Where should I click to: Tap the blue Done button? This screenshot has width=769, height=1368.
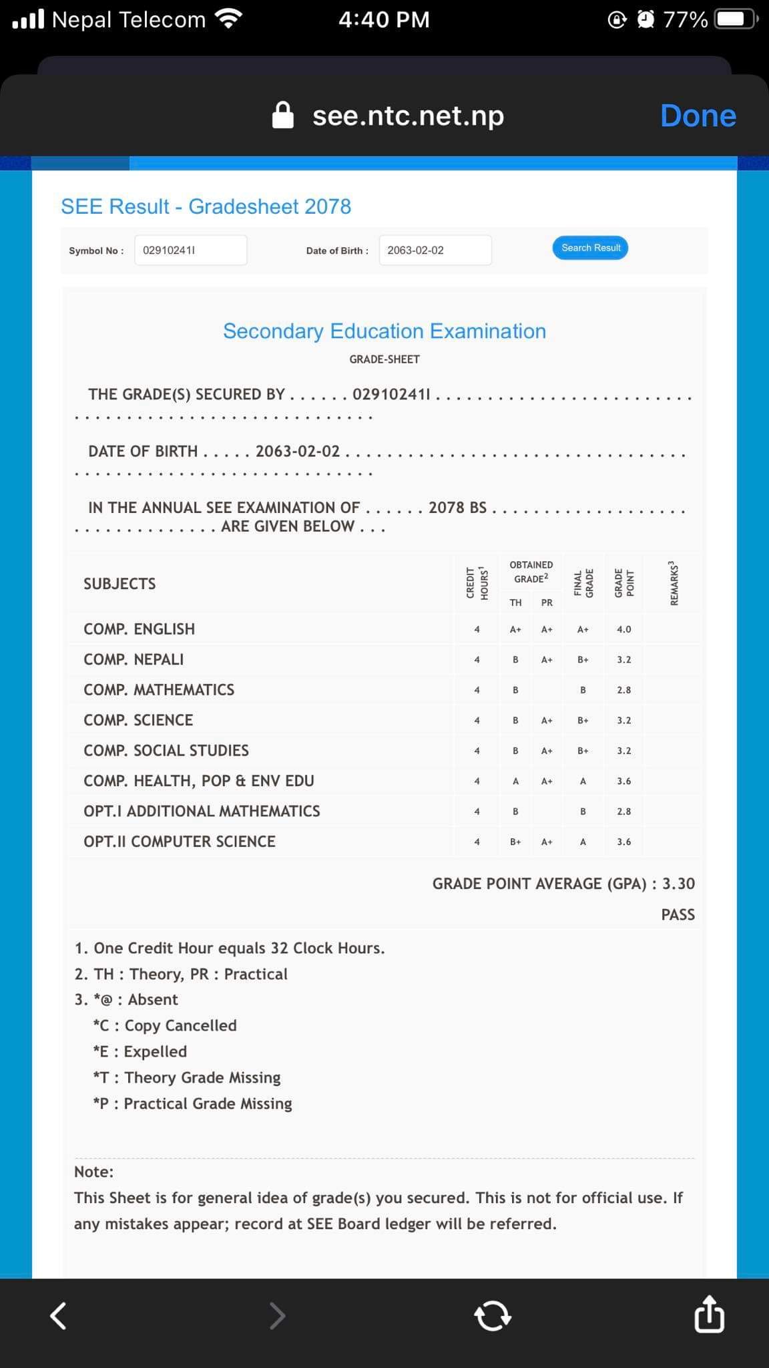pyautogui.click(x=698, y=116)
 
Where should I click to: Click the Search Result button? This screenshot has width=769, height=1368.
pyautogui.click(x=590, y=248)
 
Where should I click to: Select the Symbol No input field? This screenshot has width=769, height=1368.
pyautogui.click(x=190, y=250)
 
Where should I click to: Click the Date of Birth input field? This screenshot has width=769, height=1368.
pyautogui.click(x=435, y=250)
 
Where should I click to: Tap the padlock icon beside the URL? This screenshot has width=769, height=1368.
pyautogui.click(x=283, y=115)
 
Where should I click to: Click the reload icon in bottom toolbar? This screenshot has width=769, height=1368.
pyautogui.click(x=493, y=1316)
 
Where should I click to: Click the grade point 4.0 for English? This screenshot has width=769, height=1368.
pyautogui.click(x=623, y=629)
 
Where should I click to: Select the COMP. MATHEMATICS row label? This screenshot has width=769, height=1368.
pyautogui.click(x=159, y=690)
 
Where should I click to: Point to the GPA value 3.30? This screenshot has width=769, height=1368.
pyautogui.click(x=678, y=884)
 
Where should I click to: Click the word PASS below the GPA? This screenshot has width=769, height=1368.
pyautogui.click(x=678, y=915)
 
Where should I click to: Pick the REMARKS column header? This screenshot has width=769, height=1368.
pyautogui.click(x=675, y=583)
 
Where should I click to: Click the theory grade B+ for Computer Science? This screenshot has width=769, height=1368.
pyautogui.click(x=515, y=842)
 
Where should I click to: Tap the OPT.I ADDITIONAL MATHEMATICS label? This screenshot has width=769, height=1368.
pyautogui.click(x=202, y=812)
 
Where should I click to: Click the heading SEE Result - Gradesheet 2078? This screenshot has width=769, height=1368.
pyautogui.click(x=206, y=206)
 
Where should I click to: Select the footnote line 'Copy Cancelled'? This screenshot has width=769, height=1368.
pyautogui.click(x=165, y=1025)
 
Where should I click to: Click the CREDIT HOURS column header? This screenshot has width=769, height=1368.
pyautogui.click(x=477, y=583)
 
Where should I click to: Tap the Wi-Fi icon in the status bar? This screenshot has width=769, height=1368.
pyautogui.click(x=229, y=19)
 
